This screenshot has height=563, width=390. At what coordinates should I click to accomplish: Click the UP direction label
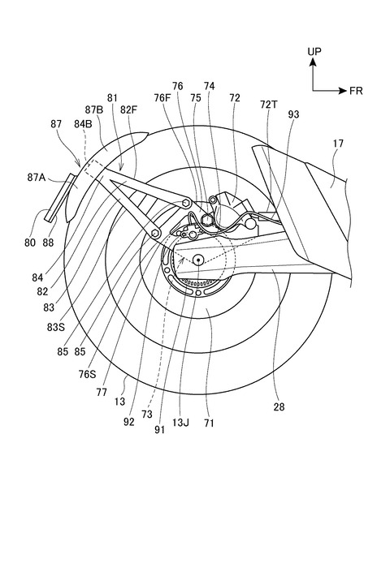(x=314, y=51)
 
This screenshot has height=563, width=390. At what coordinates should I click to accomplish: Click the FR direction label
(x=356, y=91)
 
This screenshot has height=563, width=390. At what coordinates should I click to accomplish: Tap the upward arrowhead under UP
(x=313, y=62)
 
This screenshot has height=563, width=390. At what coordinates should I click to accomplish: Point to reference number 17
(x=338, y=144)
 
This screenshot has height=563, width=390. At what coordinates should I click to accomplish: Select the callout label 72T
(x=269, y=105)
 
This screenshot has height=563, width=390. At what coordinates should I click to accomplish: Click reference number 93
(x=293, y=114)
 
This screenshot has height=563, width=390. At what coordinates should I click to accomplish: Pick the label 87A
(x=37, y=177)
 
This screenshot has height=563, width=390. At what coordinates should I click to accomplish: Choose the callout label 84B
(x=83, y=124)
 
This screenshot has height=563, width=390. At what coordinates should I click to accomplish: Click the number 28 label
(x=279, y=406)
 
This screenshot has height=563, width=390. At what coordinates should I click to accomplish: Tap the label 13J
(x=180, y=423)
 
